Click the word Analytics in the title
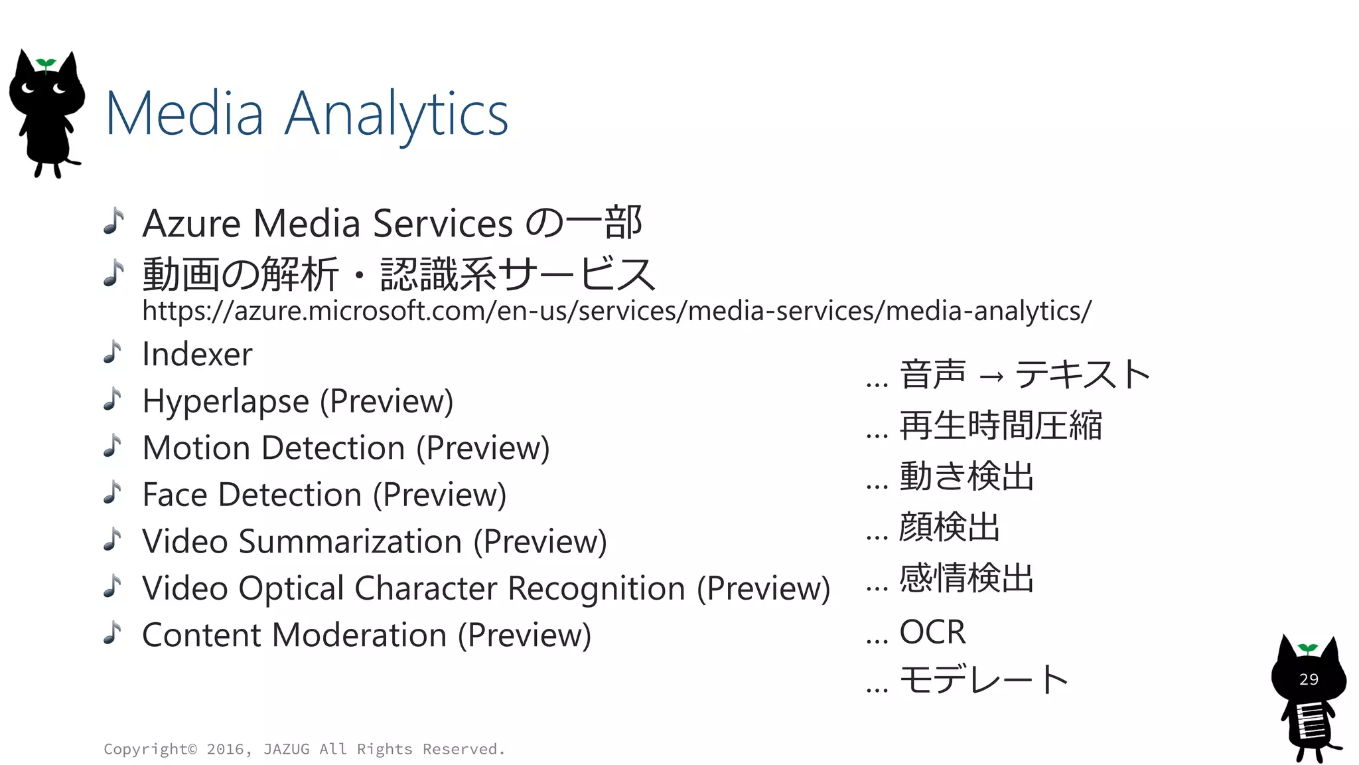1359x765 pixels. [x=396, y=114]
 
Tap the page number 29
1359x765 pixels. [x=1309, y=679]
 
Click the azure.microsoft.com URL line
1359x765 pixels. [x=616, y=311]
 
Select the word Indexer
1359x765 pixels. [x=197, y=354]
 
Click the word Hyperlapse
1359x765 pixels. [x=226, y=401]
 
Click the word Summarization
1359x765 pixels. [x=350, y=541]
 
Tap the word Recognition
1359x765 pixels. [x=597, y=588]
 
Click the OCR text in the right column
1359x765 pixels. [x=932, y=632]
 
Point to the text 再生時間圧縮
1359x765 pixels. [x=1000, y=426]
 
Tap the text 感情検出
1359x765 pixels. [x=966, y=578]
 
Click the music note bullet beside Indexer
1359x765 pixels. [x=113, y=353]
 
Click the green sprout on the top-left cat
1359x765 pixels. [x=46, y=64]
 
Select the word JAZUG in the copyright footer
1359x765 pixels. [x=286, y=749]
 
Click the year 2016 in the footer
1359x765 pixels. [x=225, y=749]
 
